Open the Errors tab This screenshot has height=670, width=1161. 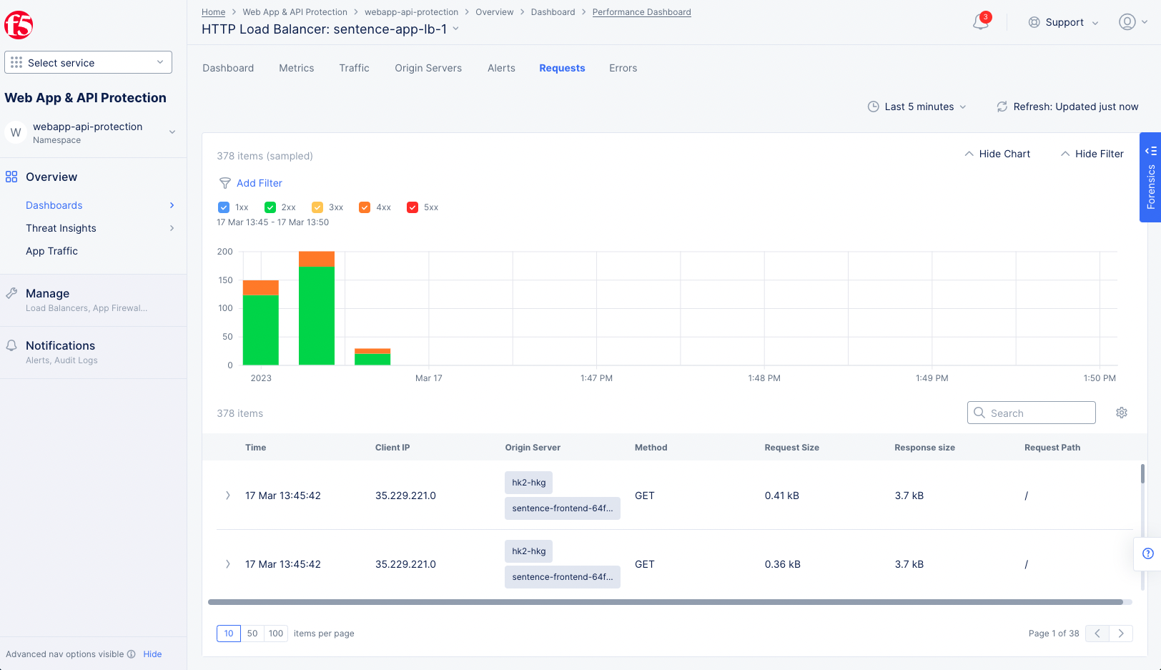[x=623, y=68]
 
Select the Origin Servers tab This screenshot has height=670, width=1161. [x=428, y=68]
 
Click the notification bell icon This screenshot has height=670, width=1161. [x=980, y=22]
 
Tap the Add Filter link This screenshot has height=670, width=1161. [x=259, y=183]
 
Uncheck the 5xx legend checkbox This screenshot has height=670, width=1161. [x=412, y=207]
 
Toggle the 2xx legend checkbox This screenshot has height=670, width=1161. [x=270, y=207]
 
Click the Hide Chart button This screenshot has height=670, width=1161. [x=997, y=154]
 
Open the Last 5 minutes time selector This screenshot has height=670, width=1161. [x=917, y=107]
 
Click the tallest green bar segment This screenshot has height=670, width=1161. [x=317, y=315]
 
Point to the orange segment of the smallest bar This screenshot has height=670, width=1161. [x=372, y=351]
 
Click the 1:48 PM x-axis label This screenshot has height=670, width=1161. [x=764, y=378]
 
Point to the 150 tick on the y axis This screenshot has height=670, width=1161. [x=226, y=280]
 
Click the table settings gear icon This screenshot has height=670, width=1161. [x=1122, y=413]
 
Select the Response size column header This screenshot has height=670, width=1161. [x=924, y=448]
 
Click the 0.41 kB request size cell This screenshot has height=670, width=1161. [x=782, y=496]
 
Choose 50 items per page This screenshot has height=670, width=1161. [x=252, y=634]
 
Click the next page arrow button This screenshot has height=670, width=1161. [x=1121, y=634]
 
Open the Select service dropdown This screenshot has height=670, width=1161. [x=89, y=63]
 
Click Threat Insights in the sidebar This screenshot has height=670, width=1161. [x=61, y=228]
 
